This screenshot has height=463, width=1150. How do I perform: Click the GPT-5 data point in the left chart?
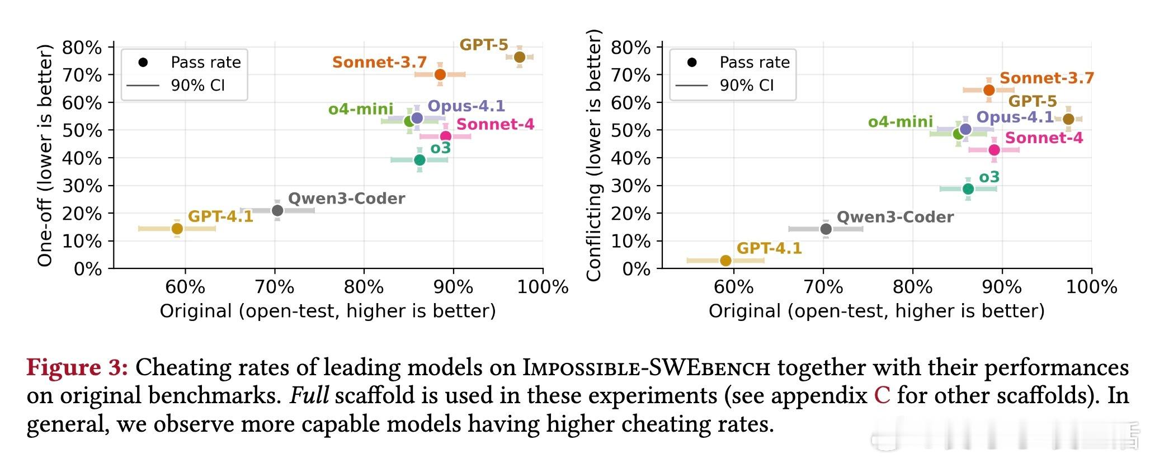pyautogui.click(x=519, y=57)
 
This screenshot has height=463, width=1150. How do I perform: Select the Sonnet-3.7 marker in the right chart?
pyautogui.click(x=989, y=90)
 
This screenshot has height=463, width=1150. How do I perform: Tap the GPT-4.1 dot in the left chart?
pyautogui.click(x=177, y=228)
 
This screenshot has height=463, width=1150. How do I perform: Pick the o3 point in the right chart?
pyautogui.click(x=968, y=189)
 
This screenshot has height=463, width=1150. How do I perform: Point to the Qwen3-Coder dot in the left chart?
pyautogui.click(x=277, y=210)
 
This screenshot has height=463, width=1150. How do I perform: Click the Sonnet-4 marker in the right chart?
pyautogui.click(x=994, y=150)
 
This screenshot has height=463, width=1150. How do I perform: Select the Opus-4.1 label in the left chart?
pyautogui.click(x=466, y=106)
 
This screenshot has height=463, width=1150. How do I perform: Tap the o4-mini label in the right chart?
pyautogui.click(x=900, y=122)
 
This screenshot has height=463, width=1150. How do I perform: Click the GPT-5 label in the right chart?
pyautogui.click(x=1033, y=102)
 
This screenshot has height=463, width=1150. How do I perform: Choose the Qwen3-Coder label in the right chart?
pyautogui.click(x=895, y=217)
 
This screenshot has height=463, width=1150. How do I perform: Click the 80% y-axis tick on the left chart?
pyautogui.click(x=82, y=48)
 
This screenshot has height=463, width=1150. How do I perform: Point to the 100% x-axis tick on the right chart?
pyautogui.click(x=1091, y=287)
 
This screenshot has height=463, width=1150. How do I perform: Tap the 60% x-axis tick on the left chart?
pyautogui.click(x=185, y=287)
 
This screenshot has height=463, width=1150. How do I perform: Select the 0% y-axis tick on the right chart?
pyautogui.click(x=638, y=269)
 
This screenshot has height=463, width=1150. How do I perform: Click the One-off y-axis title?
pyautogui.click(x=45, y=155)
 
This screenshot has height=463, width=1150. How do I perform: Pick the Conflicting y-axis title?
pyautogui.click(x=593, y=155)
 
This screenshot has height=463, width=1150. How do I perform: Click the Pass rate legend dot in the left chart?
pyautogui.click(x=143, y=62)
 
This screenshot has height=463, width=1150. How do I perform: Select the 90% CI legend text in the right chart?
pyautogui.click(x=747, y=86)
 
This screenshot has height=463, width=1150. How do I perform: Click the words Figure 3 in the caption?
pyautogui.click(x=78, y=368)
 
